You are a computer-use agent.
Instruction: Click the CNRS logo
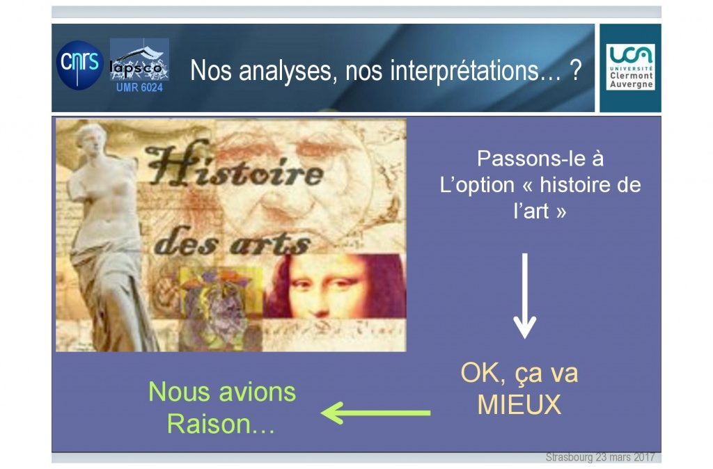click(80, 65)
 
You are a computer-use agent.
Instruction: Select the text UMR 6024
click(139, 87)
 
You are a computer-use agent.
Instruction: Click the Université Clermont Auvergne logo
click(631, 67)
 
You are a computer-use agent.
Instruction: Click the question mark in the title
click(576, 70)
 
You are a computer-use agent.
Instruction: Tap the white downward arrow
click(525, 296)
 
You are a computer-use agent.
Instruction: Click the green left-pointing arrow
click(375, 413)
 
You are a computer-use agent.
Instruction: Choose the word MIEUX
click(519, 404)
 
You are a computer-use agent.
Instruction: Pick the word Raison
click(209, 424)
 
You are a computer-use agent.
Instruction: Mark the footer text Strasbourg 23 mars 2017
click(600, 456)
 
